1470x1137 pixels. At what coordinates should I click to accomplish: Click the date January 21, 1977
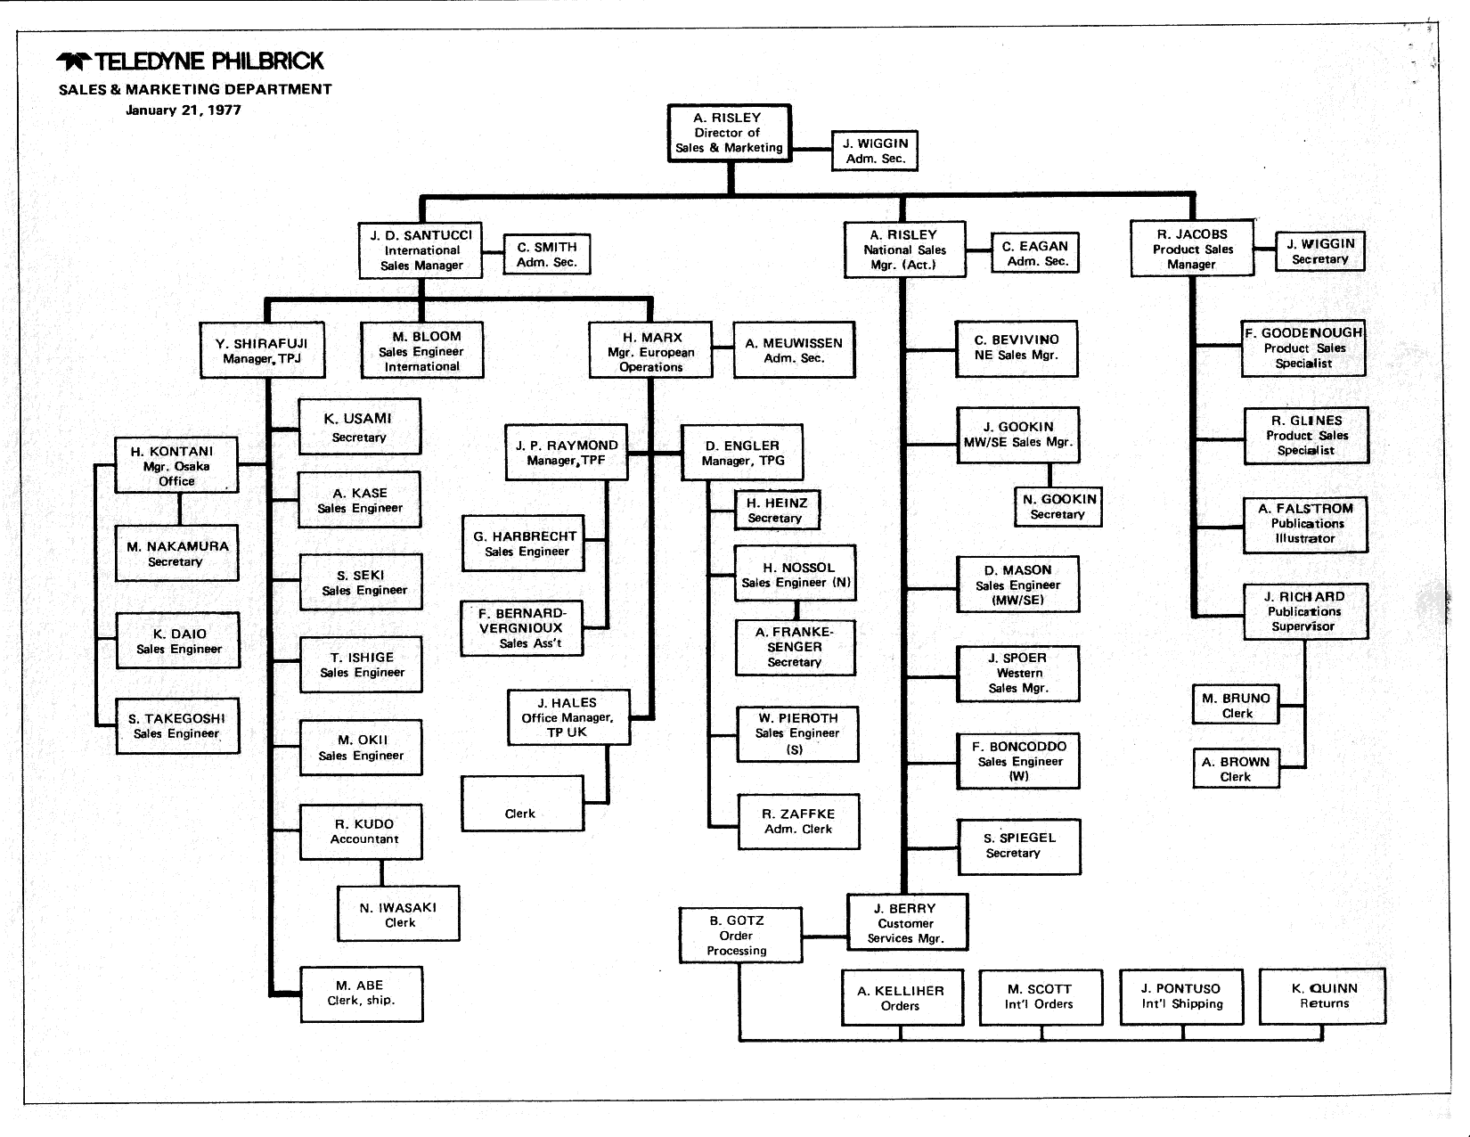183,110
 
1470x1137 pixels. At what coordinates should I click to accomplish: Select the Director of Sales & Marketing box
728,133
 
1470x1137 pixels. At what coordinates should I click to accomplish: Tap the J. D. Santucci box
421,249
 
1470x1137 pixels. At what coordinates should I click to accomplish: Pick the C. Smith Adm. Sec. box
547,254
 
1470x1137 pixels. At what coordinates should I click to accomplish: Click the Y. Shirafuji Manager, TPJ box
262,351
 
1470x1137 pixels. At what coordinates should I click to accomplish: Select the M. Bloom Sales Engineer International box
421,351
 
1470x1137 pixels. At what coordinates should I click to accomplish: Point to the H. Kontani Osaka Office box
176,465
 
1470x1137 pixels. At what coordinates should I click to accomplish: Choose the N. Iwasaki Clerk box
398,914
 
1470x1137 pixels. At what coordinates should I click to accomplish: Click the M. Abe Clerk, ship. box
361,993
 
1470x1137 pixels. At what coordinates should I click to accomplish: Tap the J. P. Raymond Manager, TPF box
566,453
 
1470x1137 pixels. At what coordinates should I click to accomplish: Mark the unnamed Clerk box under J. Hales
522,804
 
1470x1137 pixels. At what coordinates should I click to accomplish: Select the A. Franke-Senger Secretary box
795,647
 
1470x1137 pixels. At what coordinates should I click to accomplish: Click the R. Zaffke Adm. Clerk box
798,821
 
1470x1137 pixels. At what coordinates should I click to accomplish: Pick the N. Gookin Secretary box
1058,506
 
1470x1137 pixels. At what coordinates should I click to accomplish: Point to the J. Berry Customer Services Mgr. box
906,922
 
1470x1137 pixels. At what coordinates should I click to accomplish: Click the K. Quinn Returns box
1323,995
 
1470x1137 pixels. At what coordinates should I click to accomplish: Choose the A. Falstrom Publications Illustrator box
1305,524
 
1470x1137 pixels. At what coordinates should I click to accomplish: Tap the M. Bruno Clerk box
1237,705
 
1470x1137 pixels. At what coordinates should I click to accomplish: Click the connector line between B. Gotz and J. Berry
824,936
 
